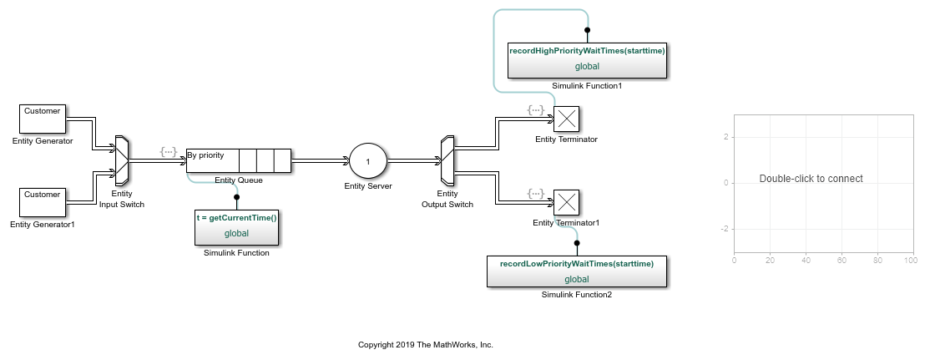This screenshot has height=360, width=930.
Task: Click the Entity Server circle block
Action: (x=368, y=160)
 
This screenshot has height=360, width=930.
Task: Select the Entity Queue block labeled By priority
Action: (x=238, y=160)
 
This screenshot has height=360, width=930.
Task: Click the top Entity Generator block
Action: (x=43, y=119)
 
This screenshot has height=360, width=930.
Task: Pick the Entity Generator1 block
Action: (x=43, y=202)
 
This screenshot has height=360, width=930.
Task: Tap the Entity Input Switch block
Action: (x=122, y=160)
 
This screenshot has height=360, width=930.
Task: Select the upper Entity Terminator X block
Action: (x=567, y=119)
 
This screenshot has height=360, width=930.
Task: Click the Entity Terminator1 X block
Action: (x=567, y=203)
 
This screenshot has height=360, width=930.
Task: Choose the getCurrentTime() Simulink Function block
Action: (x=236, y=226)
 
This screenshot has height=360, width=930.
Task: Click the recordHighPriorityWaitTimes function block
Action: (x=587, y=59)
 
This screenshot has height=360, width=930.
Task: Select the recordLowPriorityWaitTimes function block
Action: (x=576, y=271)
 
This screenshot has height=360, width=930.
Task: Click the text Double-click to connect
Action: (x=811, y=179)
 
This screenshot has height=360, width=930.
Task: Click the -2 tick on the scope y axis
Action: (x=726, y=228)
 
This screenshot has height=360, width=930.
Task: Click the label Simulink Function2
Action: (x=576, y=294)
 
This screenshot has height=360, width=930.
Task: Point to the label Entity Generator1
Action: (x=43, y=224)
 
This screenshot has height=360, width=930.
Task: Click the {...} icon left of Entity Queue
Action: (x=169, y=151)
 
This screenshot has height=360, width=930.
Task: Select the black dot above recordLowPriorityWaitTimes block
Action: (x=577, y=243)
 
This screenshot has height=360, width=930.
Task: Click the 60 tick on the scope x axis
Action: (x=842, y=261)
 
